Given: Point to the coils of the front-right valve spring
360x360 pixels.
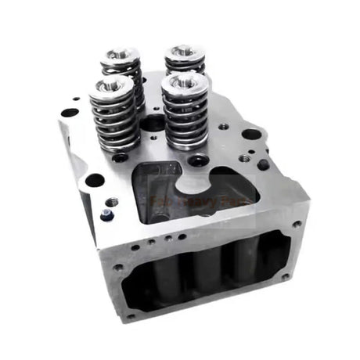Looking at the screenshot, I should point(185,117).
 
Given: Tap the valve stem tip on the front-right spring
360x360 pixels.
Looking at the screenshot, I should point(185,78).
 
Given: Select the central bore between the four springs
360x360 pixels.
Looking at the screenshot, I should point(154,123).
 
